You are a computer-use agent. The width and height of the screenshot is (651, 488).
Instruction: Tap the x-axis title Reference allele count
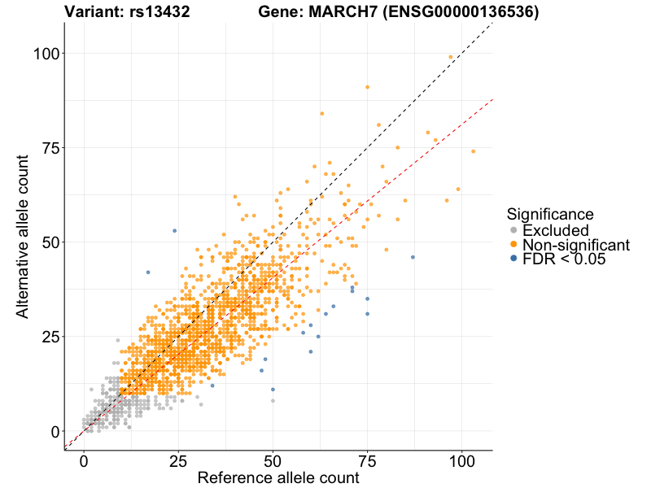click(278, 478)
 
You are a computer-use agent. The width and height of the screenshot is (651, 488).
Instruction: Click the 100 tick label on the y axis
click(45, 54)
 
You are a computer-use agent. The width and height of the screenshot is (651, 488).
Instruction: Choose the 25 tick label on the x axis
click(178, 460)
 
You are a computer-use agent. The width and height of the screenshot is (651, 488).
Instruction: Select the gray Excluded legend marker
click(513, 231)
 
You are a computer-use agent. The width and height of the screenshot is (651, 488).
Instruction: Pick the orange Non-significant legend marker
click(513, 245)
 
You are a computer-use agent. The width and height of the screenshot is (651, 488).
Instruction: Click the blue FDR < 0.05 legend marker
click(513, 259)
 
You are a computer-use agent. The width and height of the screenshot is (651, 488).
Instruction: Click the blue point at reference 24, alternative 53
click(174, 231)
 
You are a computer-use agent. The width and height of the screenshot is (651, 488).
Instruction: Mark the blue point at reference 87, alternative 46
click(413, 257)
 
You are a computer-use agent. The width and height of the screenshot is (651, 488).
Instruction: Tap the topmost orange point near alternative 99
click(451, 57)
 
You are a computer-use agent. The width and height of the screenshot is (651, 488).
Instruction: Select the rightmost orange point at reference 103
click(473, 151)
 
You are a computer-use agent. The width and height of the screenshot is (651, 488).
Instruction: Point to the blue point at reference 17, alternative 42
click(148, 272)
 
